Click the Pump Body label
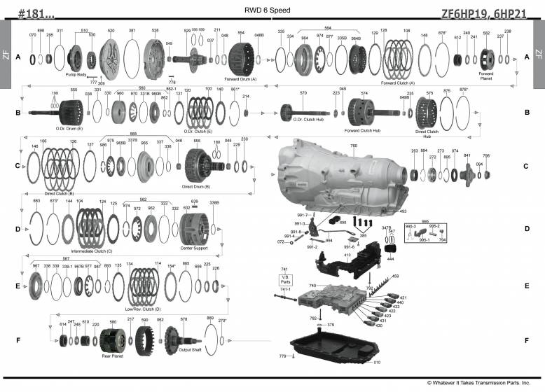75,73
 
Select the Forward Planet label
485,75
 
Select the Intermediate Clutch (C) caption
92,250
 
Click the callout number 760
353,146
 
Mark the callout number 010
377,363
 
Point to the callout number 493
403,211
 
